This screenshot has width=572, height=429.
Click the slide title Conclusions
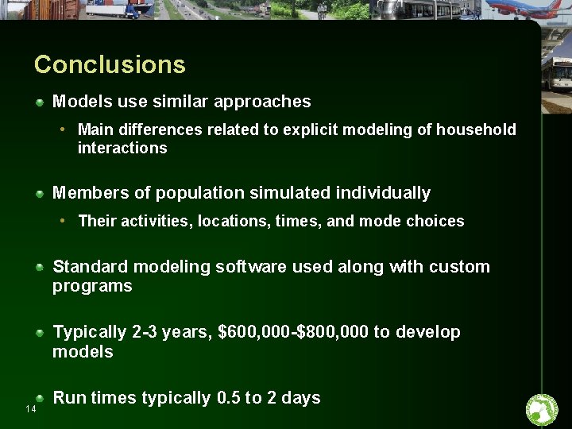(110, 64)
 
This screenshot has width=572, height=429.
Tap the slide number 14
(31, 409)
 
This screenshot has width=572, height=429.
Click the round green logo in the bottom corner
(542, 410)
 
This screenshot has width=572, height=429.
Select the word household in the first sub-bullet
(476, 129)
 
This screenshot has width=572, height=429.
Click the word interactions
(122, 149)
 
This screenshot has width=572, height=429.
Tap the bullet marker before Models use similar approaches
(40, 102)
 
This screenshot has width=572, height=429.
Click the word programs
(92, 287)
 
